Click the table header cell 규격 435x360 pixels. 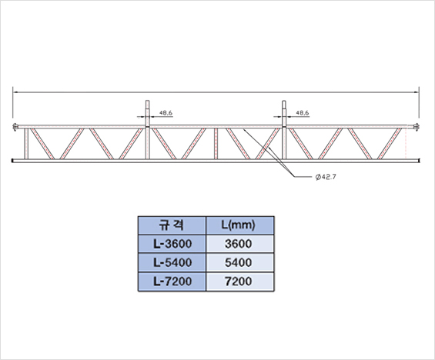point(172,225)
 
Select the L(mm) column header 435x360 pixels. point(240,225)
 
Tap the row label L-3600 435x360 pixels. point(172,244)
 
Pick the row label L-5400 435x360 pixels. point(172,262)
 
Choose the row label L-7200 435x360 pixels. point(172,282)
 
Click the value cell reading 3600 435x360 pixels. point(240,244)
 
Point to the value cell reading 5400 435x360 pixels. point(240,262)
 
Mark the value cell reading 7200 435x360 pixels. point(240,282)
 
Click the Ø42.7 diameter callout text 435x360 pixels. point(326,177)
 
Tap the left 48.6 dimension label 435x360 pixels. point(166,113)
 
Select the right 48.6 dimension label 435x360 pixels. point(303,113)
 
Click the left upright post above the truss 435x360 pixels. point(148,113)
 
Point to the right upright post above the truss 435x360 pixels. point(284,113)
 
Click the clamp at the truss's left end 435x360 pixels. point(15,127)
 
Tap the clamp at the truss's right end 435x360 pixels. point(416,127)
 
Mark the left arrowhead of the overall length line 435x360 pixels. point(15,92)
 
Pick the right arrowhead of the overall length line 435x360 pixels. point(417,92)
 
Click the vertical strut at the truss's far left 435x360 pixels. point(26,144)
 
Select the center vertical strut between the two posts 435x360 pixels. point(216,144)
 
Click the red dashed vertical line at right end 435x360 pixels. point(406,144)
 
